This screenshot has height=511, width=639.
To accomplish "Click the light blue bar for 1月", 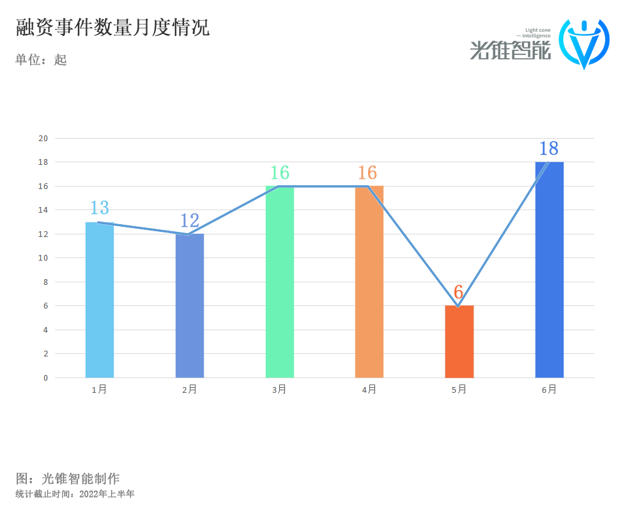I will (x=100, y=300).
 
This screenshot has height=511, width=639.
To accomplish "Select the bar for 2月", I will (x=190, y=307).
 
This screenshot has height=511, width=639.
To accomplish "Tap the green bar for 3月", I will (x=280, y=282).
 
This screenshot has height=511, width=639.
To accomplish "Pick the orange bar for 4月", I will (x=369, y=282).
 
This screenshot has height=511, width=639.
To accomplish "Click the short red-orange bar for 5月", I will (x=459, y=342).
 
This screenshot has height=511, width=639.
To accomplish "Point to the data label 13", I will (x=100, y=208).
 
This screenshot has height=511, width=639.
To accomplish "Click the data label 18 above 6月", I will (x=549, y=148).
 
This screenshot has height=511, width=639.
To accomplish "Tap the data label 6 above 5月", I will (x=458, y=292).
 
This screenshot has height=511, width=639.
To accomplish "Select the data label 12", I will (x=190, y=220).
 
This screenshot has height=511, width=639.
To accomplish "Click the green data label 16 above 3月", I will (x=280, y=172).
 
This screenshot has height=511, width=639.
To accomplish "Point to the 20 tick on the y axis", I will (x=43, y=138).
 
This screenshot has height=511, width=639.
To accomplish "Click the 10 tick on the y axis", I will (x=43, y=258).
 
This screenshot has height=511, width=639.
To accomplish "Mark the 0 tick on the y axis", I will (x=45, y=378).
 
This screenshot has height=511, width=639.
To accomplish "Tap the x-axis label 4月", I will (x=369, y=389).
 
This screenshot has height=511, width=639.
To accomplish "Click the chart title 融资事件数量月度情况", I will (x=112, y=28).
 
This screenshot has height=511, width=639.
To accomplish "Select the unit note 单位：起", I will (x=41, y=60).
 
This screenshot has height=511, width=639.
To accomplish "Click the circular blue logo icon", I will (x=584, y=43).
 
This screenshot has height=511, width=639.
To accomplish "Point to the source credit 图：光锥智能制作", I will (x=68, y=478).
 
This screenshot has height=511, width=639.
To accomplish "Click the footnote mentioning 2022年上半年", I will (x=75, y=494).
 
